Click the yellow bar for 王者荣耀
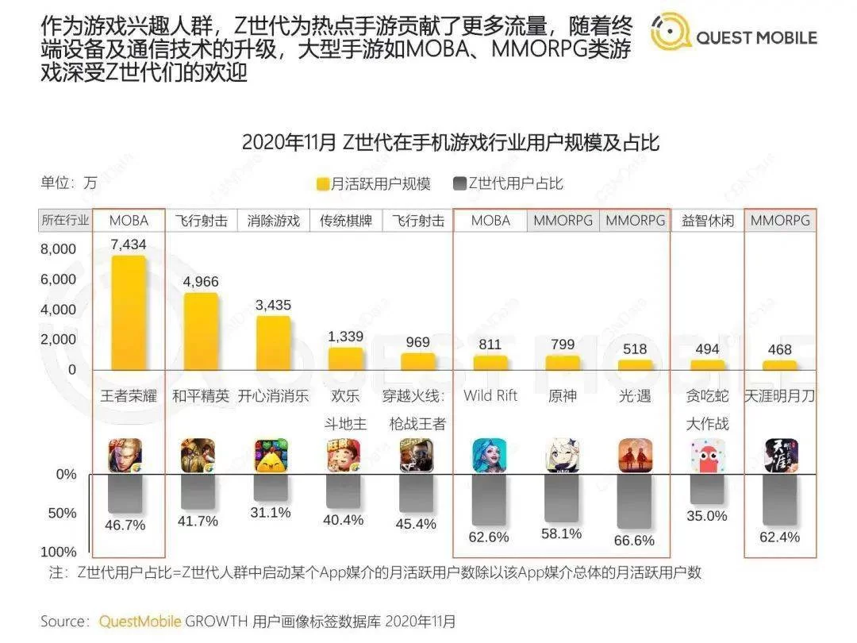(x=128, y=313)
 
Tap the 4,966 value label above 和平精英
(x=200, y=282)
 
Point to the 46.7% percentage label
(x=128, y=525)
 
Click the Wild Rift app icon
(x=490, y=456)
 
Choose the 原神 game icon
(x=563, y=456)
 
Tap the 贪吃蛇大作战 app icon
(x=707, y=456)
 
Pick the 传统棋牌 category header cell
(x=346, y=221)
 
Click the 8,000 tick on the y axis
(x=59, y=249)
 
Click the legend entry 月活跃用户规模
(x=373, y=184)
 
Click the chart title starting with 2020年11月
(x=450, y=143)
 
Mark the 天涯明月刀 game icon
(x=780, y=456)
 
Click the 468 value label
(x=780, y=349)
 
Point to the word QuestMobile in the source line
(x=140, y=622)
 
